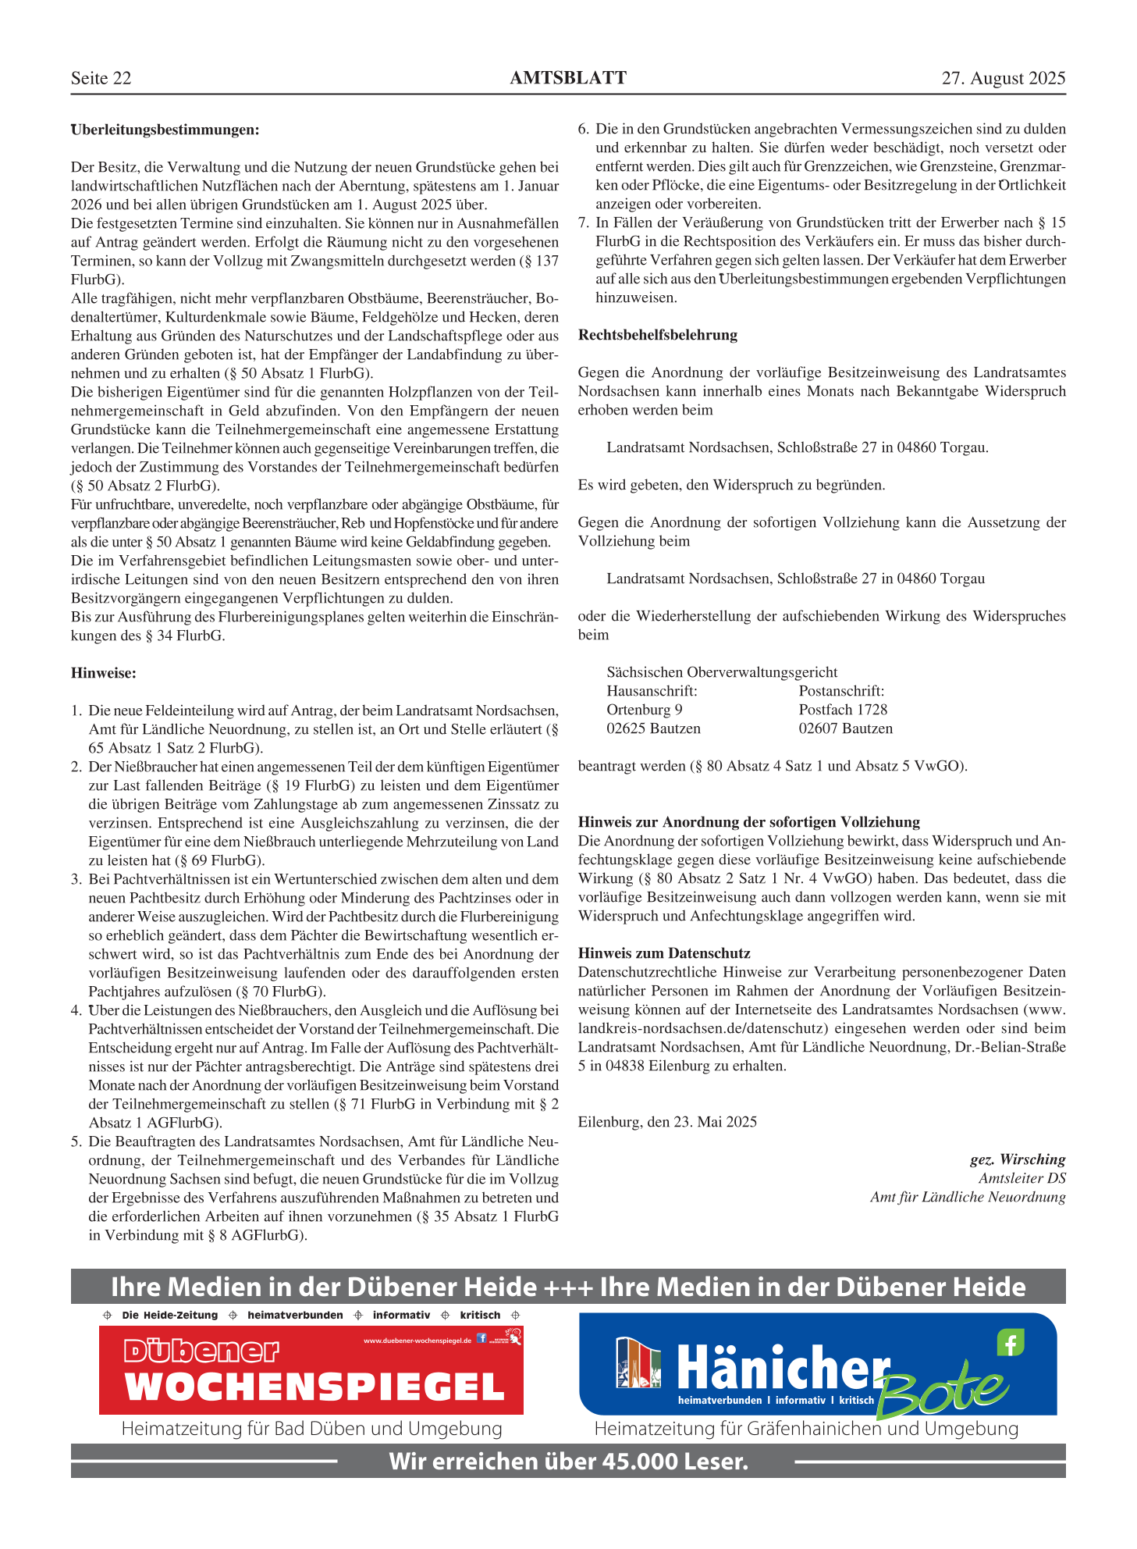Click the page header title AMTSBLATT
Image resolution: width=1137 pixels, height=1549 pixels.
(x=567, y=78)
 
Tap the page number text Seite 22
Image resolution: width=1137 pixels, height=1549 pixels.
(x=101, y=78)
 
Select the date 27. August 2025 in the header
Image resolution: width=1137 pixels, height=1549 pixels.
(x=1003, y=78)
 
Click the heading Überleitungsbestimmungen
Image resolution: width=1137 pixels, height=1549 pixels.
(x=165, y=130)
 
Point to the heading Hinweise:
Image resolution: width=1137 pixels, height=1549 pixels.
(x=103, y=673)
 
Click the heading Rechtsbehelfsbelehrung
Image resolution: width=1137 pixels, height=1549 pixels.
(x=657, y=335)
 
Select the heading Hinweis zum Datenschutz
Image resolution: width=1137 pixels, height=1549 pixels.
(x=664, y=953)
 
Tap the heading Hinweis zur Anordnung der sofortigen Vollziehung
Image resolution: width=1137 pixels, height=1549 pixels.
(x=748, y=822)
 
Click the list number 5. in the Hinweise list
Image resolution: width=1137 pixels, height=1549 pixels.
(x=76, y=1141)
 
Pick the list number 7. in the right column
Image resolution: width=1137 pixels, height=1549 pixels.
(x=584, y=223)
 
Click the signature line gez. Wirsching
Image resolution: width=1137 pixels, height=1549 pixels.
(x=1017, y=1159)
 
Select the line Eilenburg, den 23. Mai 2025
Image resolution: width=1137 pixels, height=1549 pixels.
(x=667, y=1122)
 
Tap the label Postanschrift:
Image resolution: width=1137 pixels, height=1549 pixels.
(x=841, y=691)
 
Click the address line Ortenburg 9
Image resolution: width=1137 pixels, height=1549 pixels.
(x=645, y=710)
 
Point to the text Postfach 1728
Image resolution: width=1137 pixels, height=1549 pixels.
(x=843, y=710)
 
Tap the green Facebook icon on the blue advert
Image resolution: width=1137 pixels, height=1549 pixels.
(x=1010, y=1343)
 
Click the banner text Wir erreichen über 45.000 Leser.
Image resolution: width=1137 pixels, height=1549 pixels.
(x=568, y=1461)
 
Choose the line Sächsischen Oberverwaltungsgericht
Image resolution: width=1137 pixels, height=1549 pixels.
(x=722, y=672)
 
